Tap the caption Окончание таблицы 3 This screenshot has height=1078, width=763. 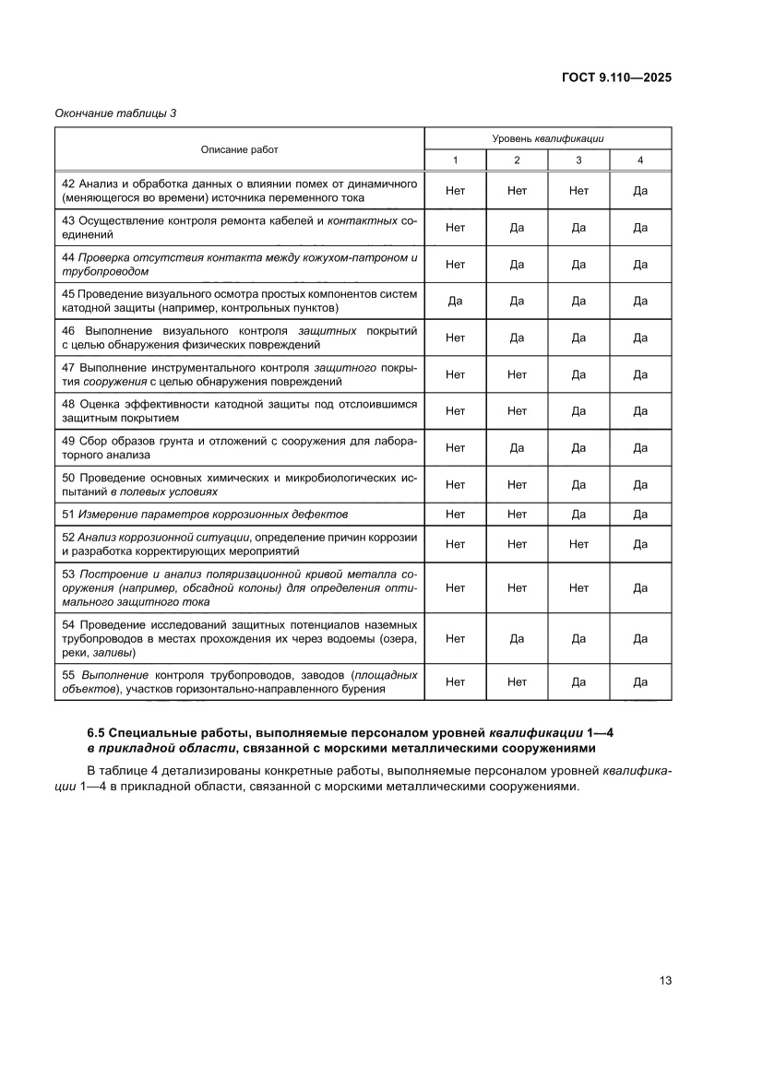point(115,113)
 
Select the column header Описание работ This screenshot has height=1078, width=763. point(239,149)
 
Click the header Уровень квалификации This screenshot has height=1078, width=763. point(547,138)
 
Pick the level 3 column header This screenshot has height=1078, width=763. point(578,160)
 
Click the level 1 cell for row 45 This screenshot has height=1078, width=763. point(455,301)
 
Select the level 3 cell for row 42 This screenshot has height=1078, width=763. point(578,191)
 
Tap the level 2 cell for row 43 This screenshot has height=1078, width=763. point(517,228)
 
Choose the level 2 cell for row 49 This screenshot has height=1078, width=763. point(517,448)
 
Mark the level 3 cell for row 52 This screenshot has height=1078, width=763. point(578,544)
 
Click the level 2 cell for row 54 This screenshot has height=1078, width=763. point(517,638)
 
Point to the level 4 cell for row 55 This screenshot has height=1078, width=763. point(640,682)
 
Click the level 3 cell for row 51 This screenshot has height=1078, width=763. point(578,514)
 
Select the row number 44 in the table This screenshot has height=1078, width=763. point(68,257)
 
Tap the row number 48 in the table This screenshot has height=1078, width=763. point(68,404)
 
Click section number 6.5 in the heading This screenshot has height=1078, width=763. point(98,732)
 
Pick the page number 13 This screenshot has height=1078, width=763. point(664,979)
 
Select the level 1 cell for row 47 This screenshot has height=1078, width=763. point(455,374)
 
